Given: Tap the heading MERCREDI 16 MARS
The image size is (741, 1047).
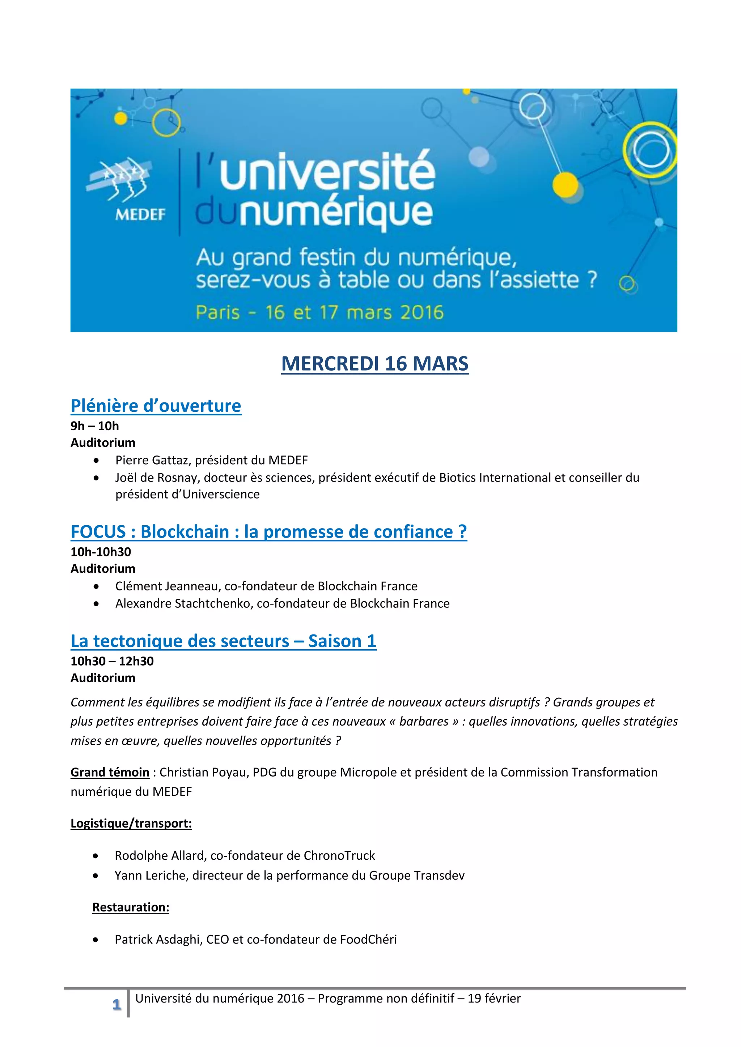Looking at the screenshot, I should click(x=374, y=363).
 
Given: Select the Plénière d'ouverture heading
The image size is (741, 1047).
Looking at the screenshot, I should click(x=156, y=405).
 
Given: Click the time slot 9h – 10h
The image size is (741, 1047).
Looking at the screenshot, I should click(x=94, y=426).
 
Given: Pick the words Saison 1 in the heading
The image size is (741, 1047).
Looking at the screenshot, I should click(x=342, y=641).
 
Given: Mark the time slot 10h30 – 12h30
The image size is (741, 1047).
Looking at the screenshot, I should click(x=112, y=661).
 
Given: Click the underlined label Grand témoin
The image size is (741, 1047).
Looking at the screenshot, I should click(x=110, y=772).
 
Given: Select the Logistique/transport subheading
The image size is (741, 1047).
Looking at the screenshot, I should click(x=131, y=823).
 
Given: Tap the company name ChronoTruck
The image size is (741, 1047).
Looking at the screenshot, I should click(x=339, y=855).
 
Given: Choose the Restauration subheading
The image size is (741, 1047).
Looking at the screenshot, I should click(x=131, y=907).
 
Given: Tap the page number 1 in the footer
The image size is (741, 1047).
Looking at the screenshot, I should click(x=117, y=1005).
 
